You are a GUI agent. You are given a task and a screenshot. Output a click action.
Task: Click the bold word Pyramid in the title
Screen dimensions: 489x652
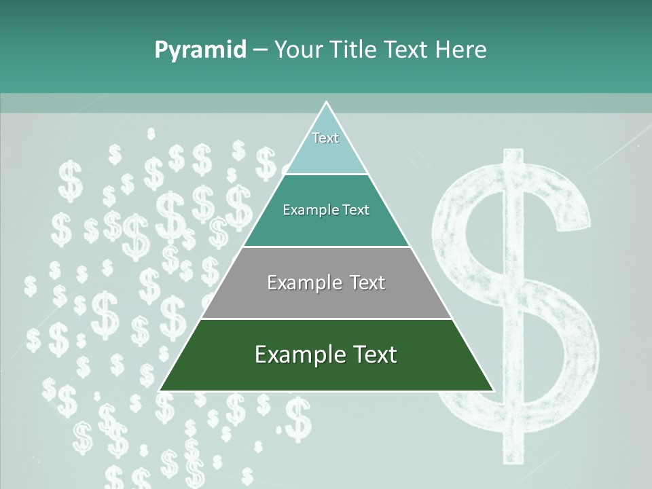[x=200, y=50]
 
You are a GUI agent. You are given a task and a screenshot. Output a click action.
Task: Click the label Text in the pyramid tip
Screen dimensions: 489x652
[x=325, y=138]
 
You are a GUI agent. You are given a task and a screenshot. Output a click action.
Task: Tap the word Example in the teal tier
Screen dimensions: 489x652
[x=304, y=211]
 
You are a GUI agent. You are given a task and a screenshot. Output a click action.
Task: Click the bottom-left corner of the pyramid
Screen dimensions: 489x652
[x=160, y=391]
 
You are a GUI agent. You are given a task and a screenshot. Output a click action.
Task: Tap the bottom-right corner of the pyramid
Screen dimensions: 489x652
[x=492, y=391]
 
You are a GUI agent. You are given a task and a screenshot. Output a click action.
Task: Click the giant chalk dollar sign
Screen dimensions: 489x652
[x=516, y=299]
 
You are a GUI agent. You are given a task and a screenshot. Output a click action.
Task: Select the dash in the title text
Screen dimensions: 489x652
[x=259, y=50]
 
